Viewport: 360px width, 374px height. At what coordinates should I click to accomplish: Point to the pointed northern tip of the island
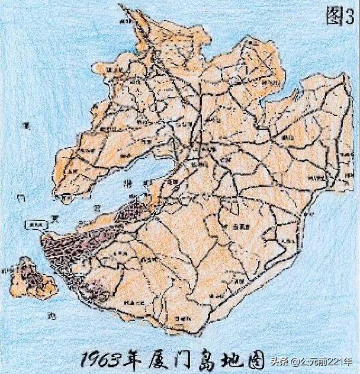121,7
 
